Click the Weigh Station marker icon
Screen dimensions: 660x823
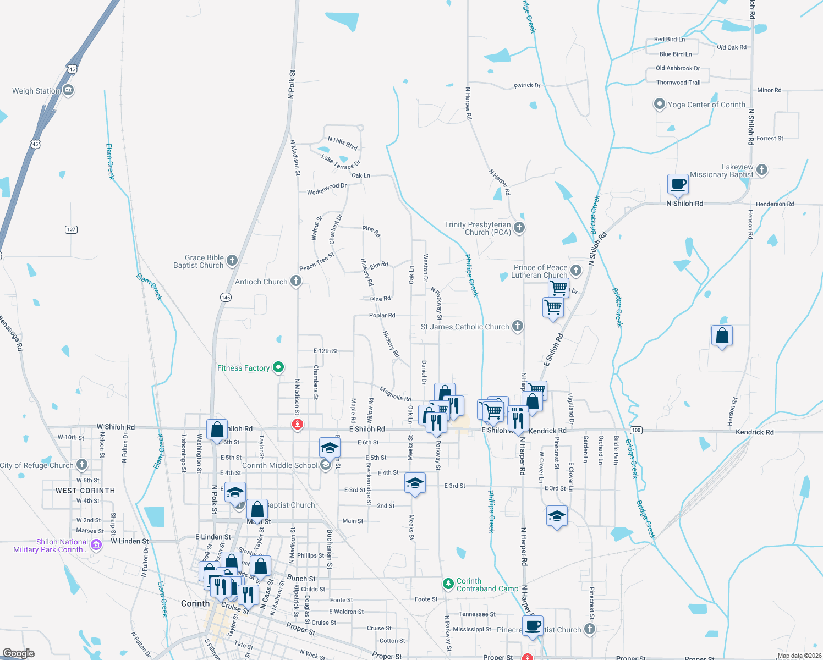tap(68, 90)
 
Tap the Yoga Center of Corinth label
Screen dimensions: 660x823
tap(706, 105)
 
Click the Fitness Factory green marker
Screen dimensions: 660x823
tap(278, 367)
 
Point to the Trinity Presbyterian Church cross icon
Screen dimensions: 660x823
tap(519, 227)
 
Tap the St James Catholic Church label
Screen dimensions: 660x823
tap(465, 327)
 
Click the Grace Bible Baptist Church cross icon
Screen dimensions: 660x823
tap(232, 260)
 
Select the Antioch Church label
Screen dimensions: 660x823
tap(261, 282)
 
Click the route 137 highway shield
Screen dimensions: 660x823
tap(71, 229)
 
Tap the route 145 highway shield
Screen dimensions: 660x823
tap(226, 297)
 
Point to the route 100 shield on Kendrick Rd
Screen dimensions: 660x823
tap(636, 430)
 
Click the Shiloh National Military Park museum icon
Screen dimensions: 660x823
tap(96, 544)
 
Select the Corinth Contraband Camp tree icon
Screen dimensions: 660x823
tap(448, 583)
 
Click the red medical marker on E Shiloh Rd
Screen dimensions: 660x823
tap(298, 424)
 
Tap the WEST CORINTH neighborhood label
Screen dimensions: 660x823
tap(85, 491)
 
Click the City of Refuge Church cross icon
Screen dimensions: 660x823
tap(82, 465)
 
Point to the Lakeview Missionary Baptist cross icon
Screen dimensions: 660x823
tap(762, 169)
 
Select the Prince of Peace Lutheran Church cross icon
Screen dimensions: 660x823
tap(576, 270)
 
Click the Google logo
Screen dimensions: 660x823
tap(19, 653)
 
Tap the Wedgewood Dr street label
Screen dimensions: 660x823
tap(327, 189)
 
